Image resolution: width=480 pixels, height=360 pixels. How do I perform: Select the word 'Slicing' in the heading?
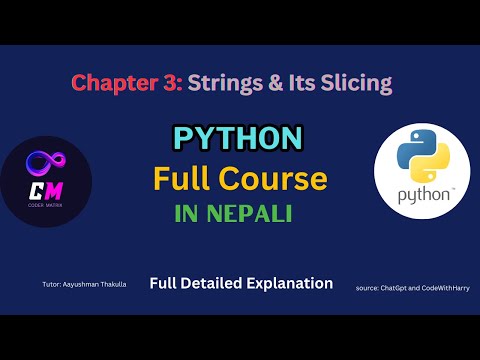[355, 83]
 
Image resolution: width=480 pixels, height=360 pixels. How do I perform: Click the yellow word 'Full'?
[181, 179]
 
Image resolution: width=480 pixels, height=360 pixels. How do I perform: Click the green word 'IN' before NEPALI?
[189, 215]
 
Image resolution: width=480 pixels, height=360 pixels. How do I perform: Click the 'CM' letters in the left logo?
[46, 186]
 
